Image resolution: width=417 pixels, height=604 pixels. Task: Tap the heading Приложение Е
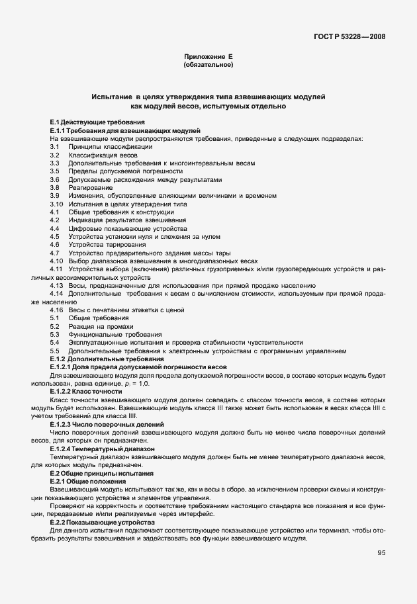(x=208, y=58)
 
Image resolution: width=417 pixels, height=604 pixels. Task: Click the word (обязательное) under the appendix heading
(x=208, y=65)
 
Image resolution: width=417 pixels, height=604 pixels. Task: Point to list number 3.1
(x=55, y=146)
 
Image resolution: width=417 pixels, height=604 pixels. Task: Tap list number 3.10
(x=56, y=204)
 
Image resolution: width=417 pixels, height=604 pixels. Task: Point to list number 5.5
(x=55, y=351)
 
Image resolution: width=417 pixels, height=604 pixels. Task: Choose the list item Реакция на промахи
(x=101, y=326)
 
